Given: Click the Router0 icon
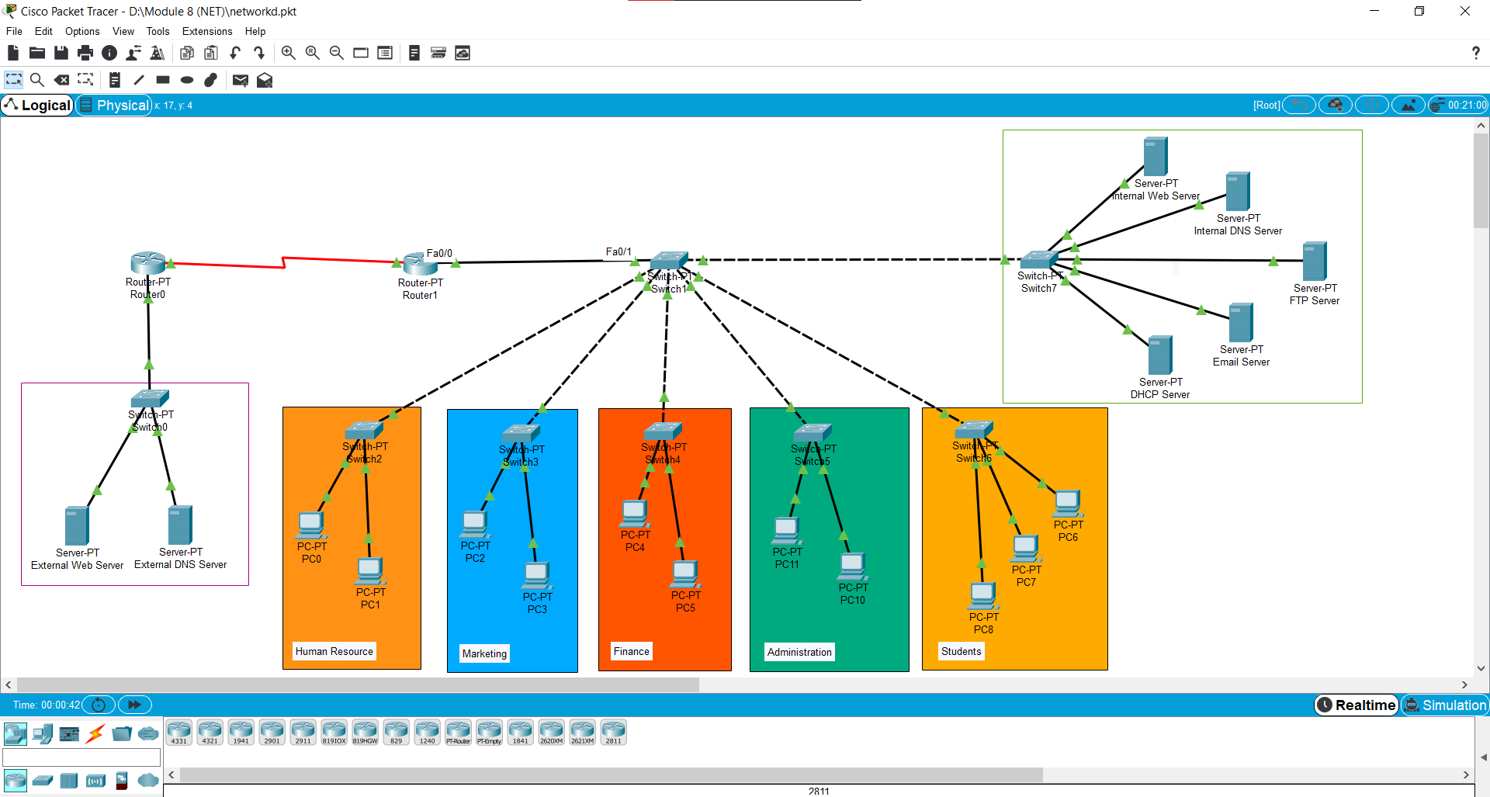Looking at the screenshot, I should (148, 263).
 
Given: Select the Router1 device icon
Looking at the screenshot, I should (420, 265).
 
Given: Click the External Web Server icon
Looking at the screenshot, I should (77, 525).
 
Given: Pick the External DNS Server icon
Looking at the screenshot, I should (180, 525).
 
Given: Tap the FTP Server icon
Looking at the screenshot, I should (1314, 262).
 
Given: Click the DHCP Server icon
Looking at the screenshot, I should (1160, 355).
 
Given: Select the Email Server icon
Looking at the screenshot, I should (1241, 323).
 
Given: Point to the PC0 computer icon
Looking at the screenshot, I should (311, 525).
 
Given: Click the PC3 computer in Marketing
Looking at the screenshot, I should (536, 576).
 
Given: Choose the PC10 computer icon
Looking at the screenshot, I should (852, 567).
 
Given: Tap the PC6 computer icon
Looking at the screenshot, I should (1068, 504).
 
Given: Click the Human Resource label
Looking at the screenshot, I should (334, 651).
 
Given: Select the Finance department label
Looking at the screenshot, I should (632, 651).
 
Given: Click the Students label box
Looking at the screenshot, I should (961, 651).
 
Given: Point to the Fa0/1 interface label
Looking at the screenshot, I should (619, 251).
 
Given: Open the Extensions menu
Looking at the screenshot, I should (207, 31).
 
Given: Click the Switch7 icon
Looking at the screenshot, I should (1039, 260).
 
